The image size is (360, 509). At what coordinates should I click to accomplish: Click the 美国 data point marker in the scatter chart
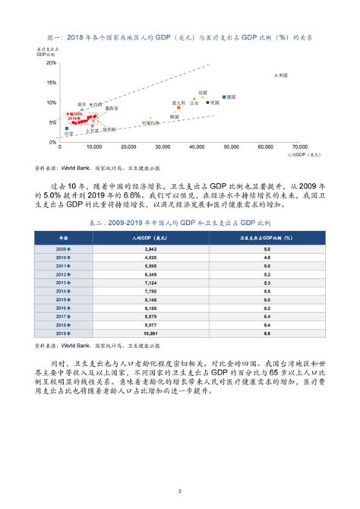click(276, 74)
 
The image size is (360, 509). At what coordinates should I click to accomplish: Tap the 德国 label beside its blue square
click(232, 97)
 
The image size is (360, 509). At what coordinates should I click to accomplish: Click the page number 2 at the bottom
click(179, 491)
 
